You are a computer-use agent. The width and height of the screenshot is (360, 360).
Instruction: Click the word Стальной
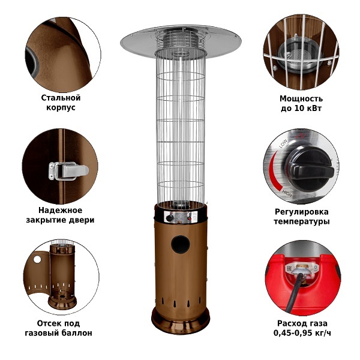pyautogui.click(x=61, y=98)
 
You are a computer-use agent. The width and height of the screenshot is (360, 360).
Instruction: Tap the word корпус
pyautogui.click(x=61, y=107)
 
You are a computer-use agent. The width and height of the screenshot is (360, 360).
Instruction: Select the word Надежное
pyautogui.click(x=61, y=210)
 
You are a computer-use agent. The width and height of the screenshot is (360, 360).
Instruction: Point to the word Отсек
pyautogui.click(x=48, y=323)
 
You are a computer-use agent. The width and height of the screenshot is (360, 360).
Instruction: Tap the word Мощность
pyautogui.click(x=301, y=99)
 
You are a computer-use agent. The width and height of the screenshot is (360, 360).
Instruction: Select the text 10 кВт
pyautogui.click(x=308, y=108)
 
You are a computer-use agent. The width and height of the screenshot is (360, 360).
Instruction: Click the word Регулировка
pyautogui.click(x=302, y=212)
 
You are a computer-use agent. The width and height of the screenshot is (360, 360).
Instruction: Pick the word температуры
pyautogui.click(x=302, y=221)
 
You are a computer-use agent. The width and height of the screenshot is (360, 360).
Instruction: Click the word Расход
pyautogui.click(x=290, y=323)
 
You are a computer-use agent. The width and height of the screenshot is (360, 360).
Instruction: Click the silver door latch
pyautogui.click(x=68, y=170)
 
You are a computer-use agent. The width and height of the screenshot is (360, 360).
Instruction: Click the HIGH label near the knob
pyautogui.click(x=287, y=194)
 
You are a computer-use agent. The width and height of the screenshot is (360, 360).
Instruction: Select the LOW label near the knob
pyautogui.click(x=283, y=143)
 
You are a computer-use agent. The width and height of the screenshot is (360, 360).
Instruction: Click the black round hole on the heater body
pyautogui.click(x=181, y=244)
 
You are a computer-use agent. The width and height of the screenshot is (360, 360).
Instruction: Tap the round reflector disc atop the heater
pyautogui.click(x=181, y=41)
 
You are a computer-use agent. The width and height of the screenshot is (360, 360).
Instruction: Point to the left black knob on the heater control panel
pyautogui.click(x=170, y=218)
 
